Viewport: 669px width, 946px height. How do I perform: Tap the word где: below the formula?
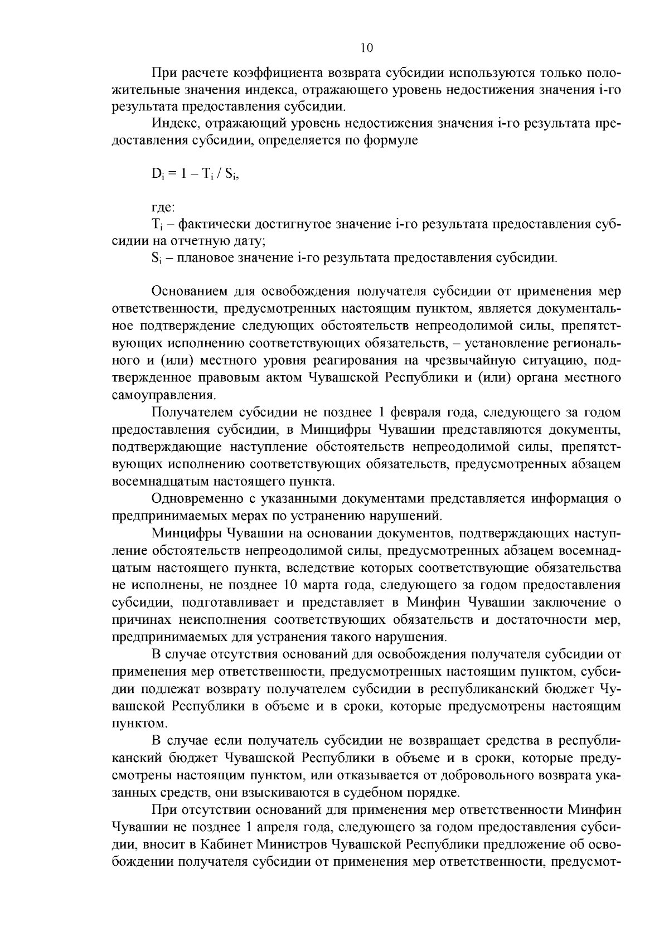tap(163, 207)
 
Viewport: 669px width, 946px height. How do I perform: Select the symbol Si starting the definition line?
tap(156, 259)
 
